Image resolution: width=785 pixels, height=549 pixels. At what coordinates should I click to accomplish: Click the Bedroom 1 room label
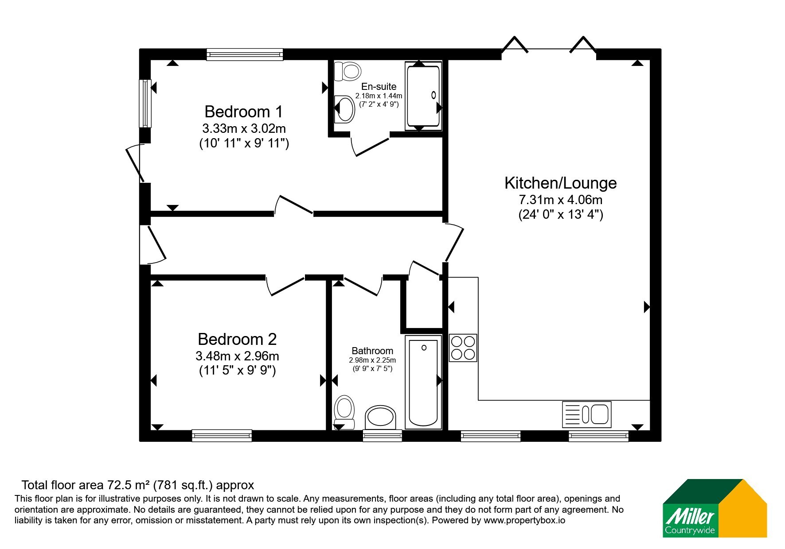pyautogui.click(x=243, y=111)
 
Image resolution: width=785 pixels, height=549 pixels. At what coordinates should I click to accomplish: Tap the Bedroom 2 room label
pyautogui.click(x=237, y=339)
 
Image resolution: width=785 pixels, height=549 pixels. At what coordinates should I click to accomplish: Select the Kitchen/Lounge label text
pyautogui.click(x=561, y=183)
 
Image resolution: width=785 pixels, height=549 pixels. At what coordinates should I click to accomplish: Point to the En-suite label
pyautogui.click(x=379, y=86)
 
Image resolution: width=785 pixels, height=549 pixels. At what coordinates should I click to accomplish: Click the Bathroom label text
pyautogui.click(x=372, y=351)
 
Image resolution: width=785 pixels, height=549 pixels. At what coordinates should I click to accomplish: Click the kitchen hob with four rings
pyautogui.click(x=463, y=348)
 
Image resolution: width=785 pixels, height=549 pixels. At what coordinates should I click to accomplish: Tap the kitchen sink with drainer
pyautogui.click(x=586, y=414)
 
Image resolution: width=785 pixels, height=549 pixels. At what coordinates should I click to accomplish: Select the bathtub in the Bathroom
pyautogui.click(x=423, y=382)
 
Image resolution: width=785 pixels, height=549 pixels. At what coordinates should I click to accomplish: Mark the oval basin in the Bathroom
pyautogui.click(x=381, y=418)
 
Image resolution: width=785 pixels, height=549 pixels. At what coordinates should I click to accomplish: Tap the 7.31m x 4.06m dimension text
pyautogui.click(x=561, y=200)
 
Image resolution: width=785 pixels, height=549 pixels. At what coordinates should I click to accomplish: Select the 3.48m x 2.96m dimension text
pyautogui.click(x=237, y=356)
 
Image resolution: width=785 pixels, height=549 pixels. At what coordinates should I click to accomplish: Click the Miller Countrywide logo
pyautogui.click(x=715, y=508)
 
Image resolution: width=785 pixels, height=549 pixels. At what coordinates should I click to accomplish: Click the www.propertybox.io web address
pyautogui.click(x=524, y=521)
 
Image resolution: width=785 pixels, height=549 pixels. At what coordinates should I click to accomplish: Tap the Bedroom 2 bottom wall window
pyautogui.click(x=222, y=435)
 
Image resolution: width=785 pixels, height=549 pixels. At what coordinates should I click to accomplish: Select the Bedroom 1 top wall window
pyautogui.click(x=245, y=54)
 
